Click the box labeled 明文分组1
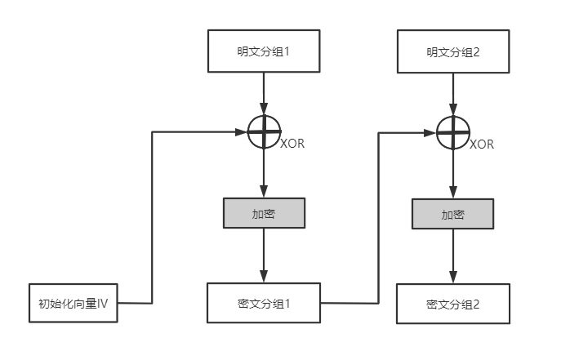263,51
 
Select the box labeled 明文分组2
452,51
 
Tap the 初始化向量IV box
73,303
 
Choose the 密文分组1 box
263,302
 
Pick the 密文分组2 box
452,303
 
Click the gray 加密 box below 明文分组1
263,213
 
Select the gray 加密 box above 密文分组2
452,215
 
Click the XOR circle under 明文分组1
263,131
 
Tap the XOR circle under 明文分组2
452,132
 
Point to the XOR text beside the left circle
292,144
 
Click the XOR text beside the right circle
482,144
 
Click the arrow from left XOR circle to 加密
263,173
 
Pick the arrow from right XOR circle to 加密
452,175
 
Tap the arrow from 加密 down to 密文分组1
263,255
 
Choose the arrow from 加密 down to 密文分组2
452,256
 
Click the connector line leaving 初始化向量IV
153,220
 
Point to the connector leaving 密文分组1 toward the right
379,220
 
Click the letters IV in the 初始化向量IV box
104,304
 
